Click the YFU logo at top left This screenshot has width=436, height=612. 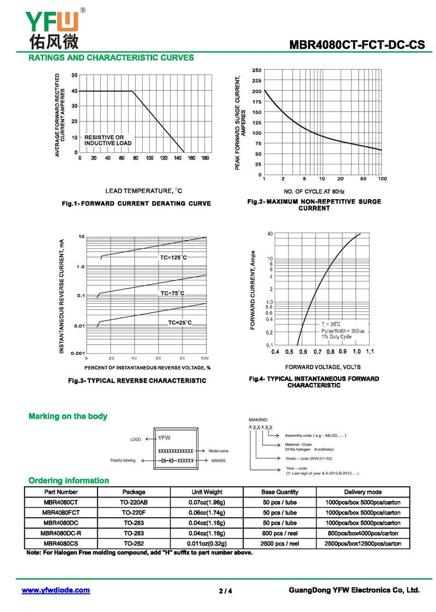52,27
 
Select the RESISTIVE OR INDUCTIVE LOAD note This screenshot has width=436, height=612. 108,140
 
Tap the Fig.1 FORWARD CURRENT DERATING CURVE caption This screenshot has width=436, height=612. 136,204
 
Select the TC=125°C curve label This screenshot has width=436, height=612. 173,257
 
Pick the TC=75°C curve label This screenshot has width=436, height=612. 172,293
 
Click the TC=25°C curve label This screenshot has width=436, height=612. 179,323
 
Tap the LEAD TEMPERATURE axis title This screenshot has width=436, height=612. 144,191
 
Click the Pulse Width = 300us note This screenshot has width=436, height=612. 343,331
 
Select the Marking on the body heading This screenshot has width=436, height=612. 68,417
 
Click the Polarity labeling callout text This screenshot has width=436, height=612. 123,461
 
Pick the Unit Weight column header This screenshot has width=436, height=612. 207,492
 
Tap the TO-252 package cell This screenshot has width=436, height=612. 134,543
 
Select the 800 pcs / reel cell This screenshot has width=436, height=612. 280,533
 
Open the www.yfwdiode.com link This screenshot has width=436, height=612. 56,590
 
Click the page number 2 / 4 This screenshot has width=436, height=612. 225,591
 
